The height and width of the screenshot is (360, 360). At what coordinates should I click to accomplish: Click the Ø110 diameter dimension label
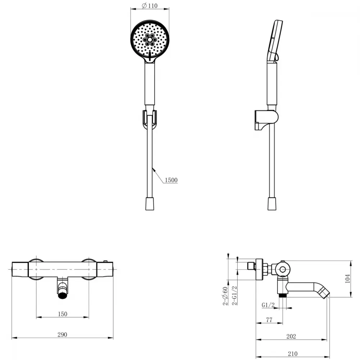(x=150, y=5)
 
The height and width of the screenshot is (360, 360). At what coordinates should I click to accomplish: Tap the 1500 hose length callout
(x=171, y=180)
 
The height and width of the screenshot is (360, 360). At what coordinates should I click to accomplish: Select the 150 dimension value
(x=62, y=314)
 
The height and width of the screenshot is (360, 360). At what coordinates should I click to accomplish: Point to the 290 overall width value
(x=62, y=334)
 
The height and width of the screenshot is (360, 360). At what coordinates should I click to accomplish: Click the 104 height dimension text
(x=348, y=279)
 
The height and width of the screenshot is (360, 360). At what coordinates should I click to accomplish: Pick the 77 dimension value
(x=269, y=320)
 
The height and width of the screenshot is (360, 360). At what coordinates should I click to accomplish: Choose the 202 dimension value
(x=291, y=336)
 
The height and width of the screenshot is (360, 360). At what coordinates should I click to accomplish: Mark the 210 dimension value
(x=292, y=354)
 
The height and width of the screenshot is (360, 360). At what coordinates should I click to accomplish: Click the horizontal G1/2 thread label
(x=268, y=305)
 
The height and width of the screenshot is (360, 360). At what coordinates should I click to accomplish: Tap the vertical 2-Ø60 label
(x=225, y=296)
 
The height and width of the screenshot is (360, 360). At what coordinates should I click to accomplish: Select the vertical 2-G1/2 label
(x=234, y=296)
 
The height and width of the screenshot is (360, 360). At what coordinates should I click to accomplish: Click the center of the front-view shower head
(x=150, y=40)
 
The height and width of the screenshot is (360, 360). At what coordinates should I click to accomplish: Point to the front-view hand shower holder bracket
(x=150, y=120)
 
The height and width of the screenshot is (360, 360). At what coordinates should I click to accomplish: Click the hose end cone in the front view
(x=150, y=203)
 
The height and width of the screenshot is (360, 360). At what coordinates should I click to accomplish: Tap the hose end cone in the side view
(x=272, y=203)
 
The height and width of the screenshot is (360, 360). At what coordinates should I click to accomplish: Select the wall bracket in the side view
(x=266, y=120)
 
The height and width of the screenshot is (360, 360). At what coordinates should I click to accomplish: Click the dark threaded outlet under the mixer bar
(x=63, y=296)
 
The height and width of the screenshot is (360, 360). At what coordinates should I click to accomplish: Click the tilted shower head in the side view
(x=275, y=41)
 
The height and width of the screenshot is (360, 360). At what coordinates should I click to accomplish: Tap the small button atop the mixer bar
(x=105, y=261)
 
